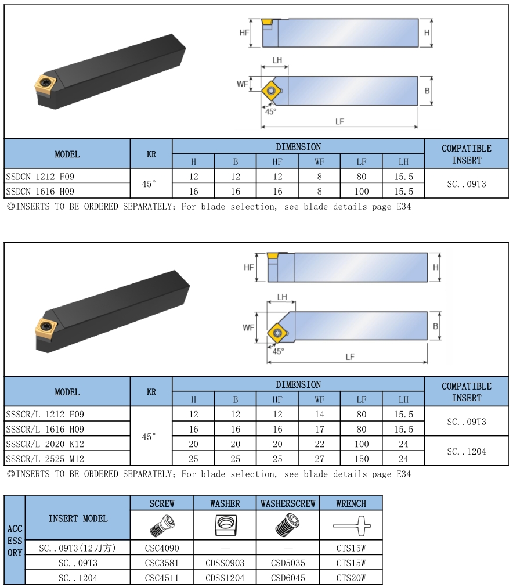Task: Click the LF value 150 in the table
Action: click(361, 459)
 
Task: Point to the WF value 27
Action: click(319, 459)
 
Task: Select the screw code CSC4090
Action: click(161, 548)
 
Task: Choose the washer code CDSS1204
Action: click(225, 578)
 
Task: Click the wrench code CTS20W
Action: click(351, 578)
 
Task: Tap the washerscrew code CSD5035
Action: click(288, 563)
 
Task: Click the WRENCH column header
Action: click(351, 503)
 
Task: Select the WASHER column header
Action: click(225, 503)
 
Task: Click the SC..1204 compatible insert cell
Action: click(466, 451)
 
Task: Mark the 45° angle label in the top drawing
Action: click(271, 111)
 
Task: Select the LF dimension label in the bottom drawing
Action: click(349, 357)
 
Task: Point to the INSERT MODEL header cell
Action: click(78, 518)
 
